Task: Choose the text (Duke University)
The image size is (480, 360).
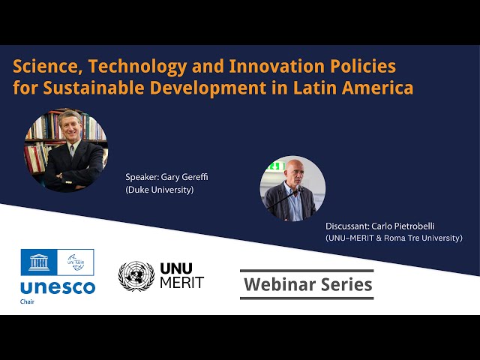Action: click(160, 190)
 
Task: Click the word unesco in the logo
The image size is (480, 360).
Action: click(58, 286)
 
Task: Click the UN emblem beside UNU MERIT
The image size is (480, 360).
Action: click(136, 276)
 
